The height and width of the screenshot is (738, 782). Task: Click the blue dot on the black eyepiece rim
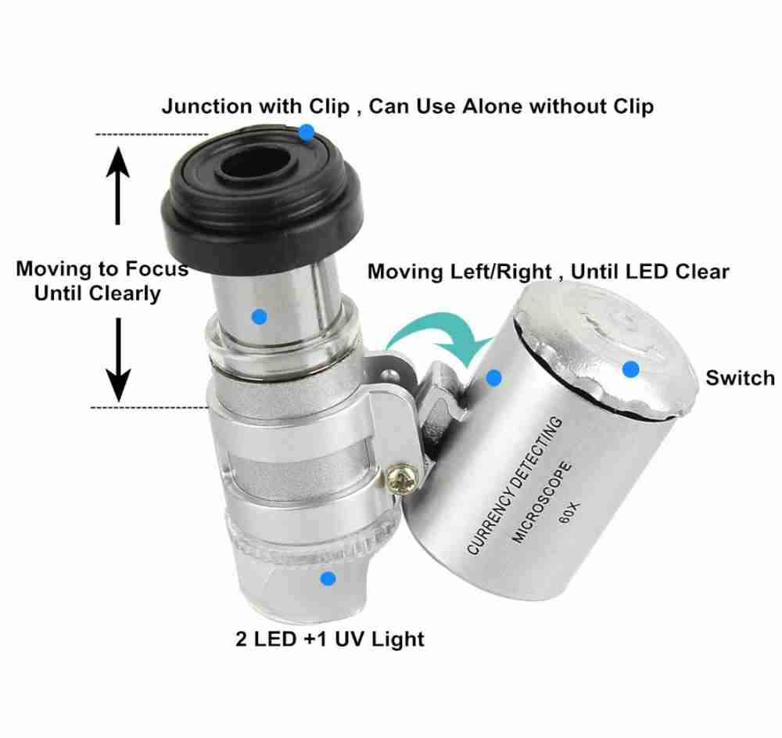[x=307, y=132]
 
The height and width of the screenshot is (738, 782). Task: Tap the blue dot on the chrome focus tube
[x=260, y=316]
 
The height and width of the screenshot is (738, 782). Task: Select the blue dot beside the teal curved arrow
[x=493, y=378]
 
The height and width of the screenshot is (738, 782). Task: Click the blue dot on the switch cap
[x=631, y=369]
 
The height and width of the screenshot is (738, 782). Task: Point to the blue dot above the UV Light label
[x=328, y=579]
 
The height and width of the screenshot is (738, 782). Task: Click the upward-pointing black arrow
[x=118, y=185]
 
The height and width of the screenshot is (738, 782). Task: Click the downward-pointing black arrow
[x=118, y=360]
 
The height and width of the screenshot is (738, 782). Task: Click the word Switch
[x=740, y=378]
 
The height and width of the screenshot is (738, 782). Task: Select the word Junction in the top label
[x=206, y=106]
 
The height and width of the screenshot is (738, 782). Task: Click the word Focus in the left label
[x=156, y=268]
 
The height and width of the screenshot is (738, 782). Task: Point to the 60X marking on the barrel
[x=569, y=513]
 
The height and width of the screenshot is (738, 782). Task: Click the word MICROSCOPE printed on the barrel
[x=542, y=502]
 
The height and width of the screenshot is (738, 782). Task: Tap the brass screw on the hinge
[x=401, y=479]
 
